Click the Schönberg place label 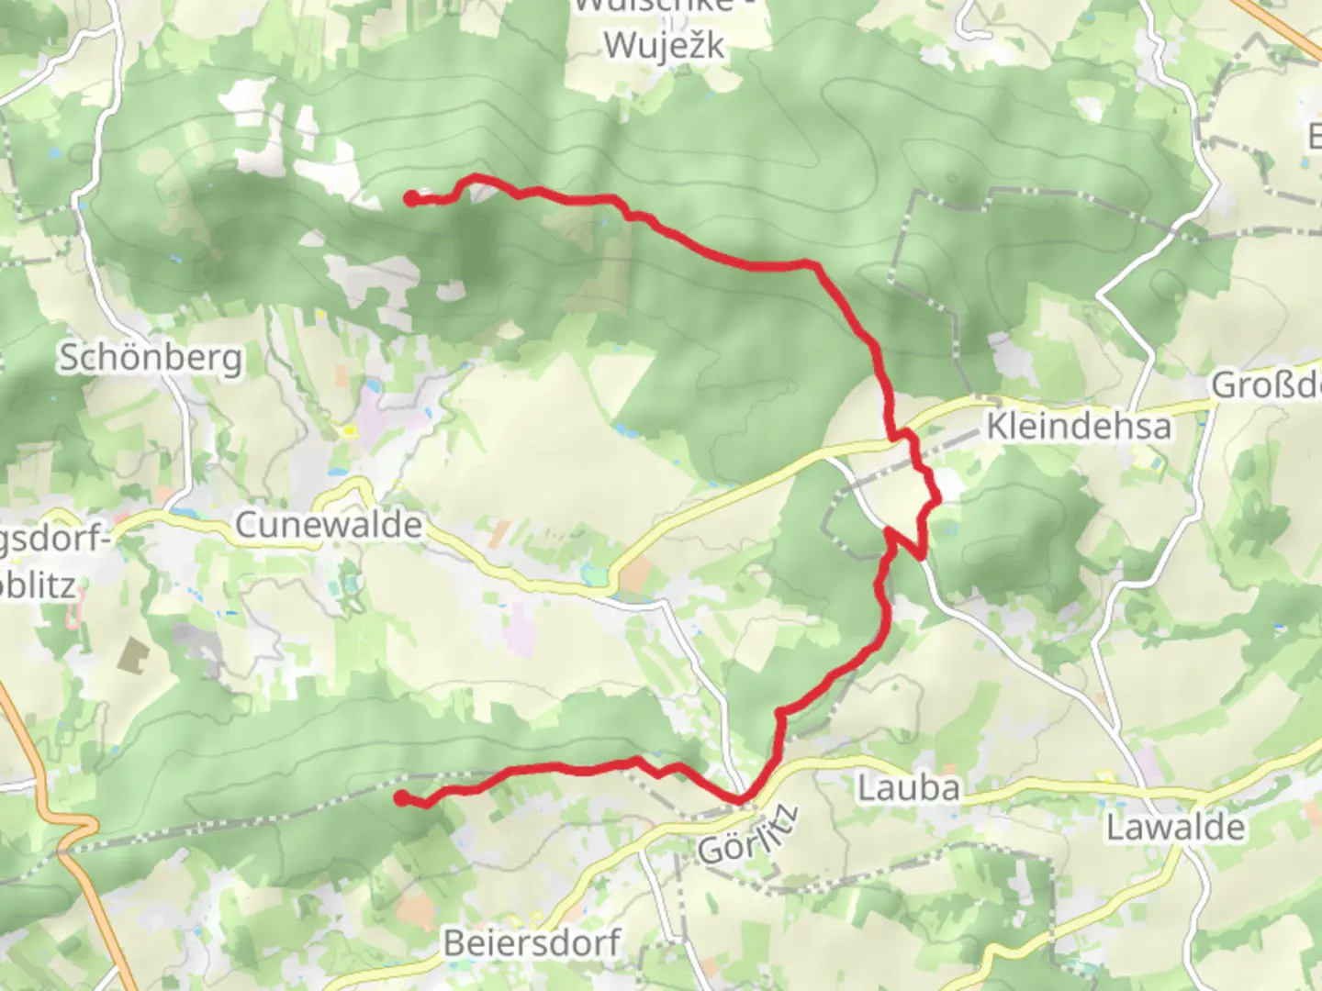click(151, 358)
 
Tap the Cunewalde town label click(329, 526)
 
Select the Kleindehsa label click(1079, 427)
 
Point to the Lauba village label click(908, 788)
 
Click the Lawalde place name click(1174, 828)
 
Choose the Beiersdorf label click(532, 943)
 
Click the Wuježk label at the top click(664, 44)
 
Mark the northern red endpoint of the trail click(411, 198)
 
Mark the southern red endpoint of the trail click(401, 797)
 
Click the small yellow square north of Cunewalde click(349, 429)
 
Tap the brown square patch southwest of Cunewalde click(134, 654)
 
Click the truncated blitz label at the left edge click(37, 585)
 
